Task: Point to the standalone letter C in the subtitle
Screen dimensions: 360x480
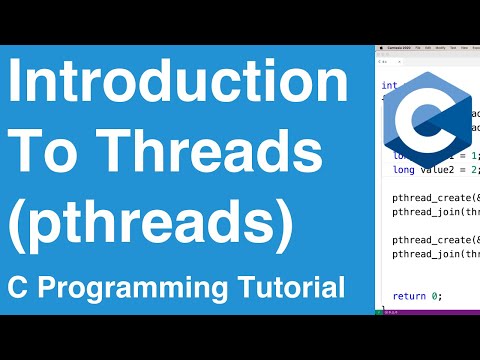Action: click(17, 289)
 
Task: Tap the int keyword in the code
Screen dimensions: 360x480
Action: click(388, 86)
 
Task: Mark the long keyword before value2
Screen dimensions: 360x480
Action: click(400, 171)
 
